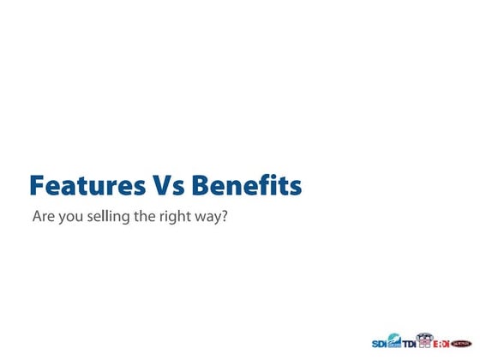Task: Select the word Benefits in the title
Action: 246,186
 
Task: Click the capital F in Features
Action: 37,186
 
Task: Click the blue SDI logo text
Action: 379,343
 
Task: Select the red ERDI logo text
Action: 441,343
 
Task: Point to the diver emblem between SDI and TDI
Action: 394,340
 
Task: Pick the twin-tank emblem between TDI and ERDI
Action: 424,340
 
